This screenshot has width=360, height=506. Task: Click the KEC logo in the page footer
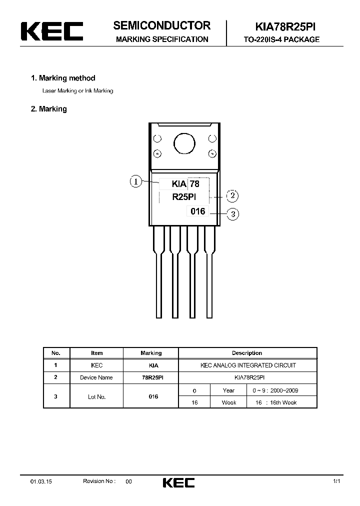178,482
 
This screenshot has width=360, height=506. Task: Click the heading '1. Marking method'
63,78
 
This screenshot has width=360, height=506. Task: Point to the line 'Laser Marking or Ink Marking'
77,91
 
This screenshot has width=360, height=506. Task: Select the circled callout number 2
232,195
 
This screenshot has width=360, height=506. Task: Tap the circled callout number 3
232,214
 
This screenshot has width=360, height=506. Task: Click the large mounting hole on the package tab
184,144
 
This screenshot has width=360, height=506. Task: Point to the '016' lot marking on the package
198,211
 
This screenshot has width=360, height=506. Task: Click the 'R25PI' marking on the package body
187,197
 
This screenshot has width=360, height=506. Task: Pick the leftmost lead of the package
159,272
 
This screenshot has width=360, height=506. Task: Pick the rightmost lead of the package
209,272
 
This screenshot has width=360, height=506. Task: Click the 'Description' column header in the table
247,353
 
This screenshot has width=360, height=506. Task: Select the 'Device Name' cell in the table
96,377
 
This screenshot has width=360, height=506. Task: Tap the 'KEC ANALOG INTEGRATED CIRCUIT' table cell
248,365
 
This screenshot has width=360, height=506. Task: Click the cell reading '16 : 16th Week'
281,402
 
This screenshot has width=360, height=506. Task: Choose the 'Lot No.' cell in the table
96,396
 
